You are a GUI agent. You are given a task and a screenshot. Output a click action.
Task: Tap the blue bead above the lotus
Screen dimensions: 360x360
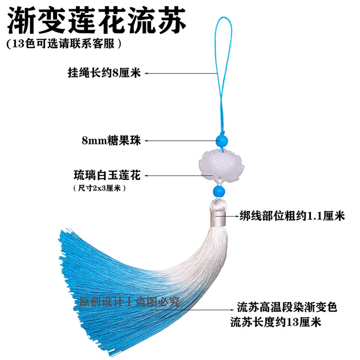pos(222,140)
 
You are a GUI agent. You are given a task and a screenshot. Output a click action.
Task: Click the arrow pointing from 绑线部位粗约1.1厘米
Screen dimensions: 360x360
pos(232,216)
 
